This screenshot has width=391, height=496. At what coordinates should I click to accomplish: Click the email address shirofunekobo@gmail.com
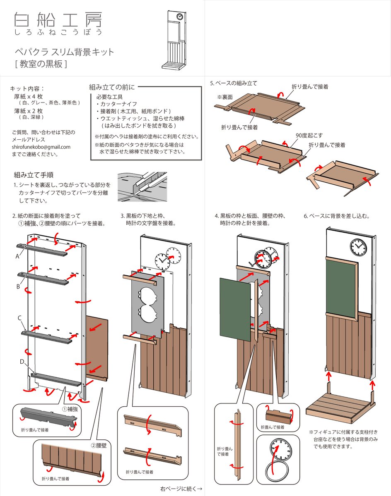(41, 147)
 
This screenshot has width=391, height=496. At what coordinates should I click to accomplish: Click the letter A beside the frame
(17, 256)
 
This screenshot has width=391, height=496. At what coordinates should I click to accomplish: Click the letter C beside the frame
(19, 318)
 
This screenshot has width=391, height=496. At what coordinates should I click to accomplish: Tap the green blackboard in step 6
(341, 286)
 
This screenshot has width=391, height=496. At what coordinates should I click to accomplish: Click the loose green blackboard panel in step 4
(234, 308)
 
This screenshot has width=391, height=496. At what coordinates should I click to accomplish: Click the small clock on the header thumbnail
(180, 17)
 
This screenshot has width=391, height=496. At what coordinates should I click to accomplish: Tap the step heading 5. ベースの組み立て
(234, 83)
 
